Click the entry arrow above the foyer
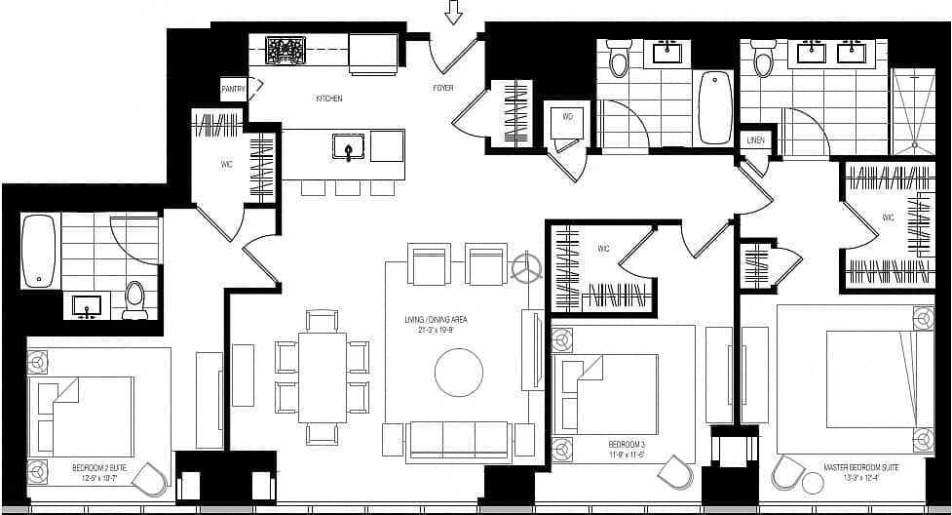pyautogui.click(x=452, y=12)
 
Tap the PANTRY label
pyautogui.click(x=233, y=90)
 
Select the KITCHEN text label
pyautogui.click(x=328, y=99)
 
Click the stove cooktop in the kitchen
pyautogui.click(x=286, y=50)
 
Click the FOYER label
pyautogui.click(x=443, y=89)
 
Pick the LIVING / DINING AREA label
pyautogui.click(x=442, y=324)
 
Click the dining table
pyautogui.click(x=322, y=376)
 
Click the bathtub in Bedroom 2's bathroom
pyautogui.click(x=39, y=252)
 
